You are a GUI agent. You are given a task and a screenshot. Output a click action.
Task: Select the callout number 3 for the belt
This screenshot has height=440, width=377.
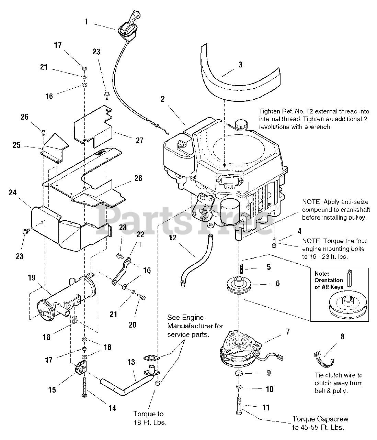[240, 65]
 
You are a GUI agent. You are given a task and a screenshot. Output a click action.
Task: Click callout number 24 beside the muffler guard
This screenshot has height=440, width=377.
[13, 193]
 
